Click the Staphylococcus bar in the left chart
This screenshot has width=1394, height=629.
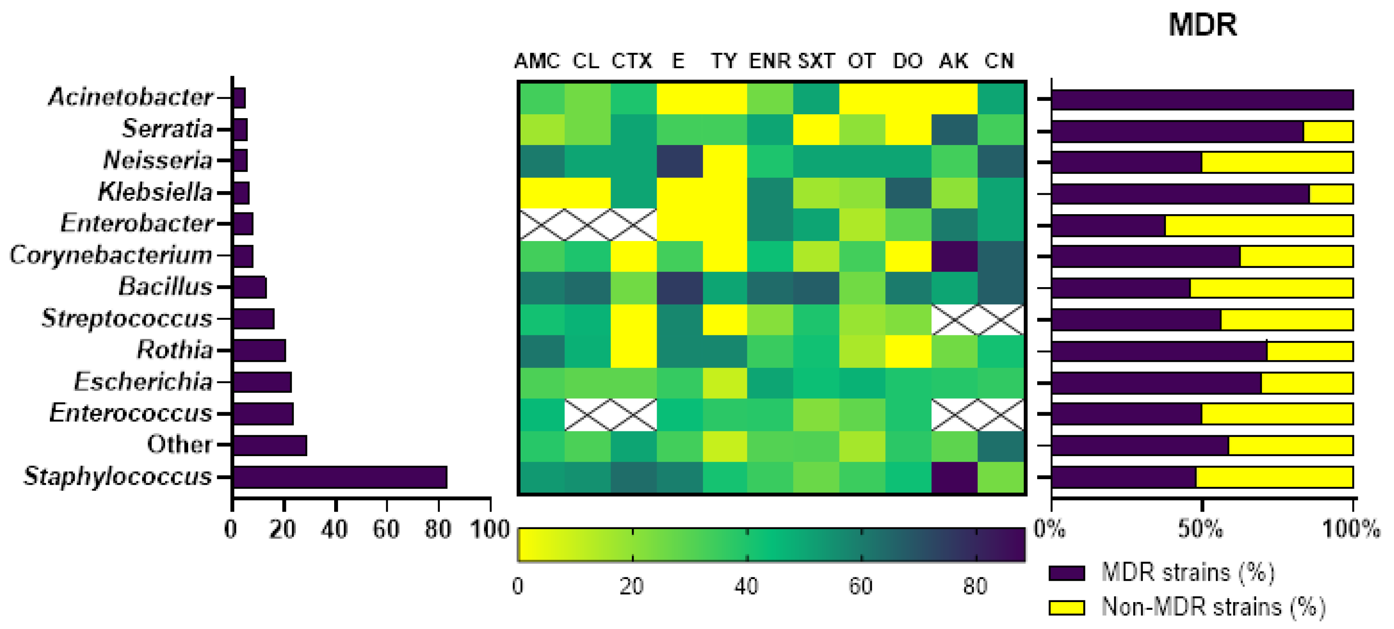(340, 477)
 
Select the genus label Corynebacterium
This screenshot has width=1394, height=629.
(111, 255)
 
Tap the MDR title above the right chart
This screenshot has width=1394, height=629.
(1202, 25)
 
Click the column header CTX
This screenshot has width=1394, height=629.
(631, 60)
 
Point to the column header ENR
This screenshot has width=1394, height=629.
(770, 60)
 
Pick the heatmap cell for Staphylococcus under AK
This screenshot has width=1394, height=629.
(954, 477)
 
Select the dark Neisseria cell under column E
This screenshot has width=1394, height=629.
(679, 161)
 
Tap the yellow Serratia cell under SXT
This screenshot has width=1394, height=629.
(816, 130)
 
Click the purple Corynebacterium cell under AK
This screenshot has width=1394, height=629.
(954, 256)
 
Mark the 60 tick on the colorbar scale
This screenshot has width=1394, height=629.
(861, 586)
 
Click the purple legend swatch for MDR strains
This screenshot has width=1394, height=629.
(1066, 573)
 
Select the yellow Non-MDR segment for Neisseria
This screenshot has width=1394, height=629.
(1277, 162)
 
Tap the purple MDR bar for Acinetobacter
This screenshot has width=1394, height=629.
(1201, 100)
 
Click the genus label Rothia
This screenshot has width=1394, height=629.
(175, 350)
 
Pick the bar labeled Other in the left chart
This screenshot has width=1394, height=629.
(269, 446)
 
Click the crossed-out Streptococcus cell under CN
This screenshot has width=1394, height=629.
(1000, 320)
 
